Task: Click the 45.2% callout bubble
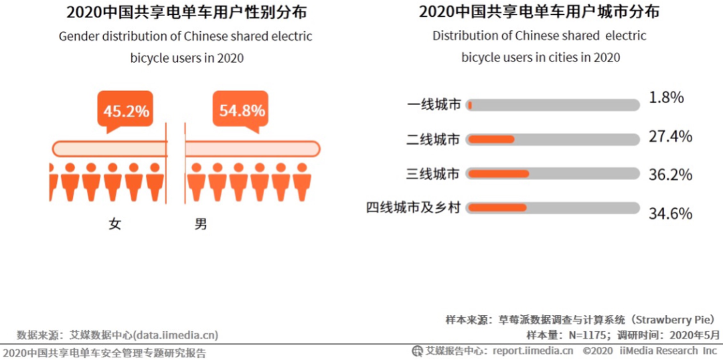pyautogui.click(x=125, y=110)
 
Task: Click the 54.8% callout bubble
pyautogui.click(x=242, y=110)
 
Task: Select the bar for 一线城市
pyautogui.click(x=553, y=105)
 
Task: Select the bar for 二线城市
pyautogui.click(x=553, y=139)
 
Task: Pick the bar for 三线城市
pyautogui.click(x=553, y=174)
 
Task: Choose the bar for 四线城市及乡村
pyautogui.click(x=553, y=208)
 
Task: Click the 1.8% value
pyautogui.click(x=666, y=98)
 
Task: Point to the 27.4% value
pyautogui.click(x=670, y=137)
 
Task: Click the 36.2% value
pyautogui.click(x=670, y=175)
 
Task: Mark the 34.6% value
pyautogui.click(x=670, y=213)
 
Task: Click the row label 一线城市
pyautogui.click(x=434, y=105)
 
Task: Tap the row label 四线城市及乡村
pyautogui.click(x=413, y=208)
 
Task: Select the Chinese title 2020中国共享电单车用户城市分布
pyautogui.click(x=539, y=12)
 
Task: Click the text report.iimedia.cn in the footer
pyautogui.click(x=533, y=351)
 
